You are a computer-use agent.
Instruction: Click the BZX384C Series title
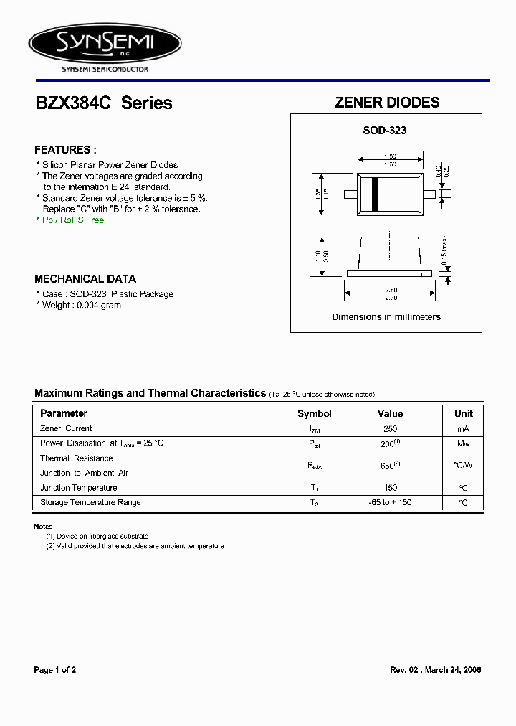click(104, 103)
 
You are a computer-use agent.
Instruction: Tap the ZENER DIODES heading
click(387, 103)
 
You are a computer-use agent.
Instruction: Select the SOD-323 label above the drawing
click(384, 131)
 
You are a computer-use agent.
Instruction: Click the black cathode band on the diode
click(374, 193)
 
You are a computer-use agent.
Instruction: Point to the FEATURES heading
click(65, 150)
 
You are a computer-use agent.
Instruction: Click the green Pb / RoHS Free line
click(70, 220)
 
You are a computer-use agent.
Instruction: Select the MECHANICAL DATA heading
click(85, 279)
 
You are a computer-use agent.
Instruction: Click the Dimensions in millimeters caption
click(386, 316)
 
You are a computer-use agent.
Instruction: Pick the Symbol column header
click(315, 413)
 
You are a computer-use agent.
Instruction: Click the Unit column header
click(464, 413)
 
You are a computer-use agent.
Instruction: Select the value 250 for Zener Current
click(390, 429)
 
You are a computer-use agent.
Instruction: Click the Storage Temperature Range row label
click(90, 502)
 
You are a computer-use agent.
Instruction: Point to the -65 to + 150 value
click(390, 502)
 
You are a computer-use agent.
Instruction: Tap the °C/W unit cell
click(464, 466)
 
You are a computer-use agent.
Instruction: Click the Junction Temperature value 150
click(390, 488)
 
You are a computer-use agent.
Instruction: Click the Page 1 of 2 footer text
click(55, 670)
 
